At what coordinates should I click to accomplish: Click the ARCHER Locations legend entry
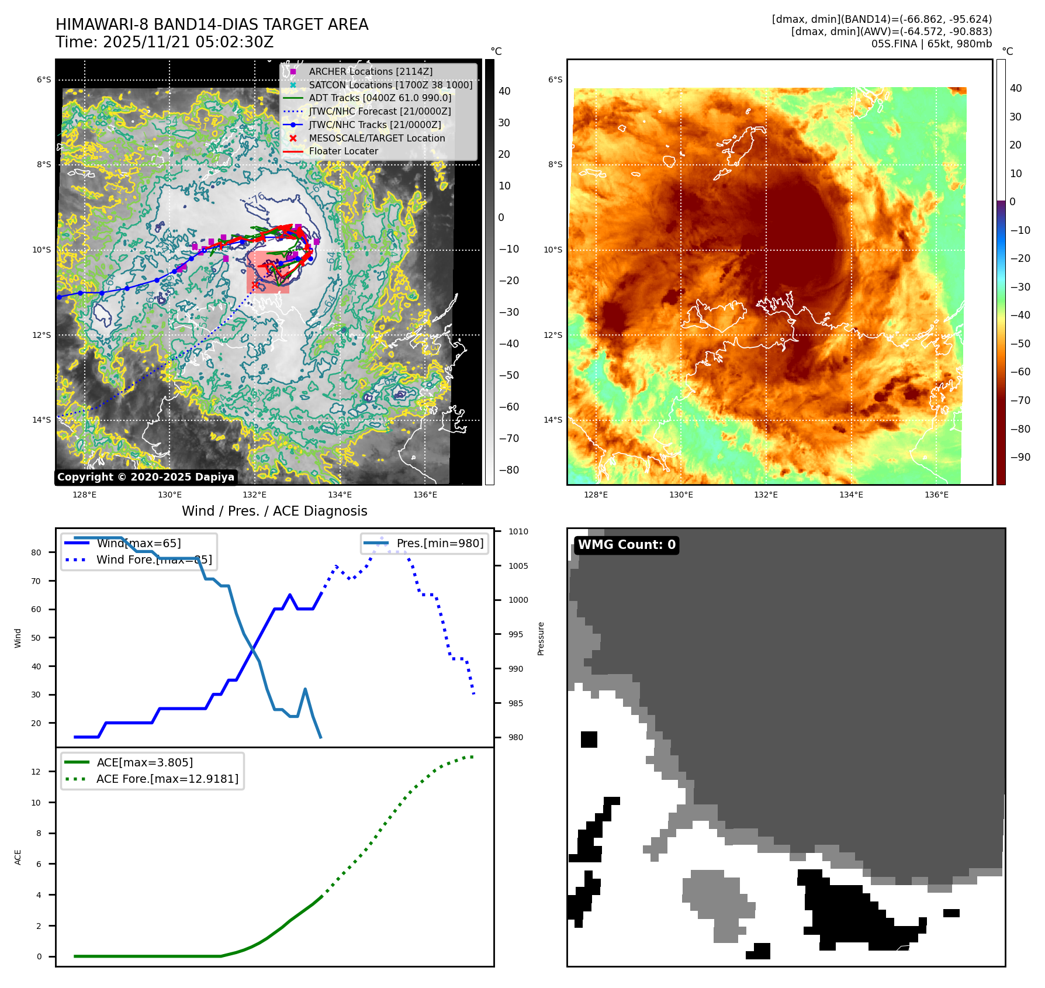[x=371, y=71]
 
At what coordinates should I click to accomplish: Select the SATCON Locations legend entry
[x=390, y=85]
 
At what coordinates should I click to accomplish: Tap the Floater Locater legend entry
[x=343, y=151]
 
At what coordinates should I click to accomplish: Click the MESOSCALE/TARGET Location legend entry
[x=376, y=138]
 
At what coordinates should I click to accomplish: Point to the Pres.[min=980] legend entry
[x=440, y=543]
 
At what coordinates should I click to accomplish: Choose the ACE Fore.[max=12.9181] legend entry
[x=167, y=779]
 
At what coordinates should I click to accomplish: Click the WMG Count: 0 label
[x=627, y=545]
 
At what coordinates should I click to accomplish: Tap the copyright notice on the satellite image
[x=146, y=477]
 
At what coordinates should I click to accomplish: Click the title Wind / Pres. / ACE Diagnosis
[x=274, y=511]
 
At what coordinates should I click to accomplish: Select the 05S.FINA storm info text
[x=931, y=44]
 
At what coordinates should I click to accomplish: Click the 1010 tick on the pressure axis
[x=518, y=531]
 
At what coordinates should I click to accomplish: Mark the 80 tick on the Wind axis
[x=36, y=552]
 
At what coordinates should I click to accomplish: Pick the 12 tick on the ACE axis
[x=36, y=772]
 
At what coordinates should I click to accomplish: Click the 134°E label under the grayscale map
[x=340, y=495]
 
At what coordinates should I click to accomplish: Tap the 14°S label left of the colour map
[x=553, y=420]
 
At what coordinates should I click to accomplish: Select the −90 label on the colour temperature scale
[x=1020, y=457]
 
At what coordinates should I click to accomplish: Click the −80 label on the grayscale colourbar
[x=508, y=470]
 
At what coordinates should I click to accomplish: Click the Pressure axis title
[x=541, y=638]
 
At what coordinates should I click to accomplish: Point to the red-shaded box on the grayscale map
[x=268, y=272]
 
